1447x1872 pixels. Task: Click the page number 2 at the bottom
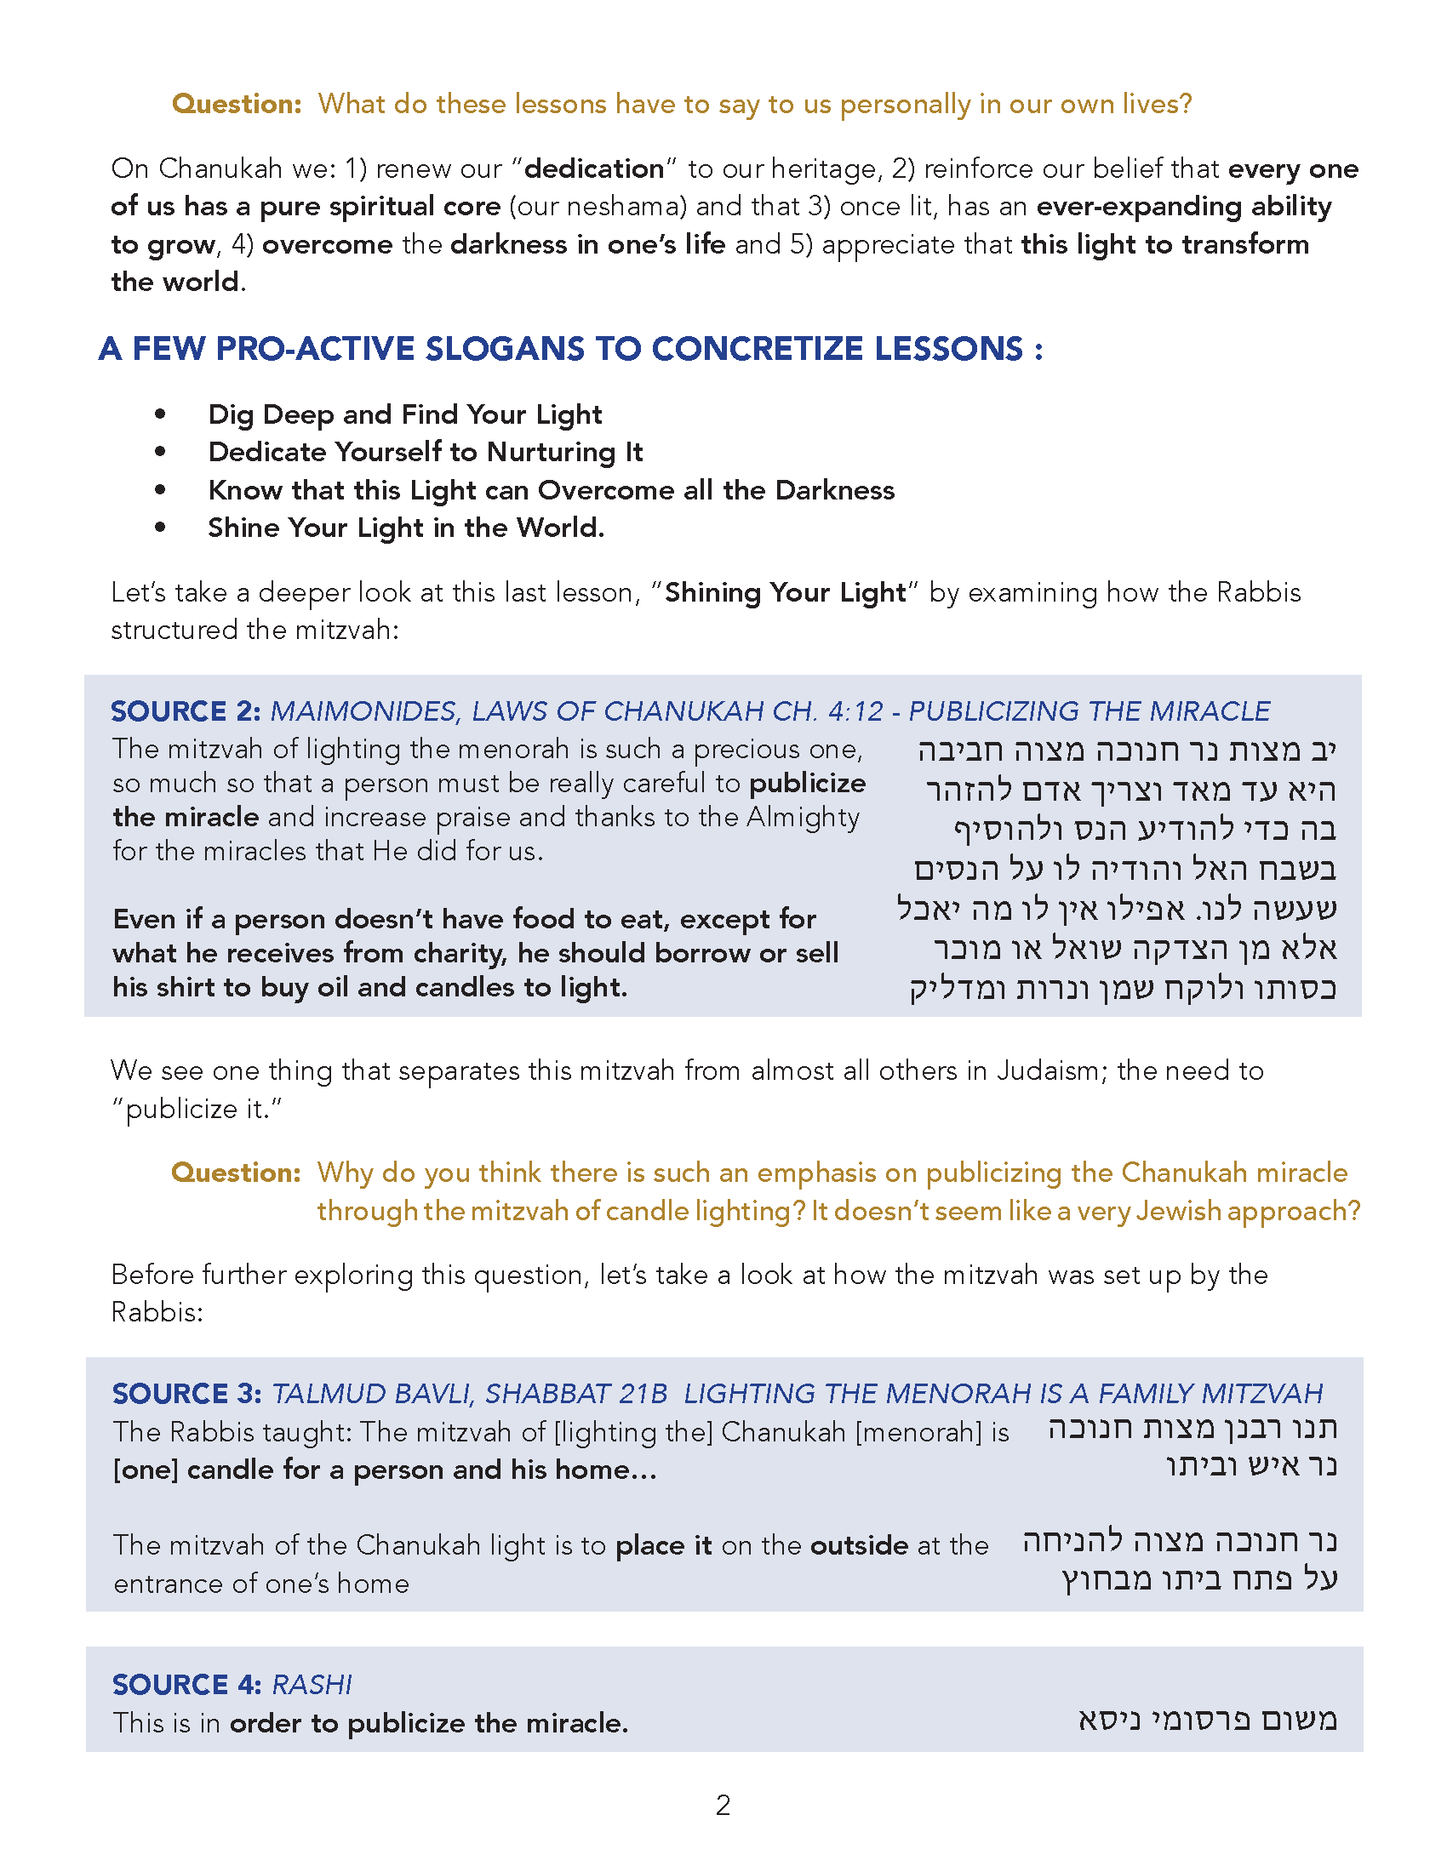click(x=723, y=1805)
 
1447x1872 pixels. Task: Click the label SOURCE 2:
click(x=186, y=711)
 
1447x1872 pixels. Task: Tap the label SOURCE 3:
click(x=187, y=1394)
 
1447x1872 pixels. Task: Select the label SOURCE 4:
click(x=187, y=1685)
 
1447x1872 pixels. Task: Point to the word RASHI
click(x=312, y=1685)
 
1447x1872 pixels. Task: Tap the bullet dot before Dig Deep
click(x=160, y=414)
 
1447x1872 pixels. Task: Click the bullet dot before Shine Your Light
click(x=160, y=528)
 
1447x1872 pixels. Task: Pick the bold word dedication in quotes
click(x=594, y=168)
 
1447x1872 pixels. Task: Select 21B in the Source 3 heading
click(x=642, y=1394)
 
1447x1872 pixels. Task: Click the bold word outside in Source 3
click(x=859, y=1544)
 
